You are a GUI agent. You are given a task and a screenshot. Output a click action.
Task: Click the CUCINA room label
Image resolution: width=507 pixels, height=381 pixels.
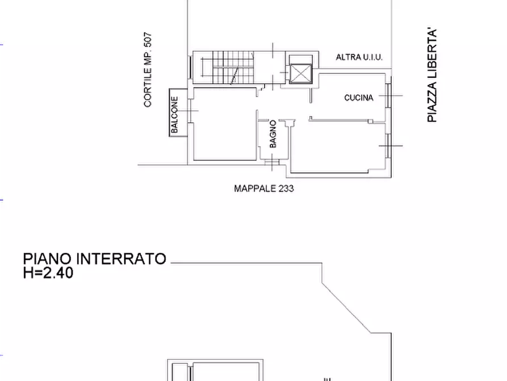[x=359, y=98]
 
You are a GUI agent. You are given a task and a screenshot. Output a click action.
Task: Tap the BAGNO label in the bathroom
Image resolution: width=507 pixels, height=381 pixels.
[x=273, y=134]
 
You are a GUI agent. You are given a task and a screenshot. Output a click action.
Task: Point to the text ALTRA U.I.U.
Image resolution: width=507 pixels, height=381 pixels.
[x=359, y=57]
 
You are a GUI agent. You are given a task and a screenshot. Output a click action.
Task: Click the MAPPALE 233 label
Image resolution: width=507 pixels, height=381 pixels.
[x=264, y=188]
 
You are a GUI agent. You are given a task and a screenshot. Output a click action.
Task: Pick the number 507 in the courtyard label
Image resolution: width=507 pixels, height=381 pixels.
[x=148, y=40]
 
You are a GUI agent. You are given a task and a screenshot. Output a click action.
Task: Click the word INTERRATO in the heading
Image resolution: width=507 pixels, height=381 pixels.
[x=121, y=259]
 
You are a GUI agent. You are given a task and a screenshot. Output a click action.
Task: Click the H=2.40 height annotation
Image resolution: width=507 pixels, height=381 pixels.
[x=48, y=273]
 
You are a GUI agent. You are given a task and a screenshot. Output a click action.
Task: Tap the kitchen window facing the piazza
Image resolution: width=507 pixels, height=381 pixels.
[x=388, y=96]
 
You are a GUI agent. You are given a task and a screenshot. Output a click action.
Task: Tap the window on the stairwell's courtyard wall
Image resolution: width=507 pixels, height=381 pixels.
[x=190, y=67]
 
